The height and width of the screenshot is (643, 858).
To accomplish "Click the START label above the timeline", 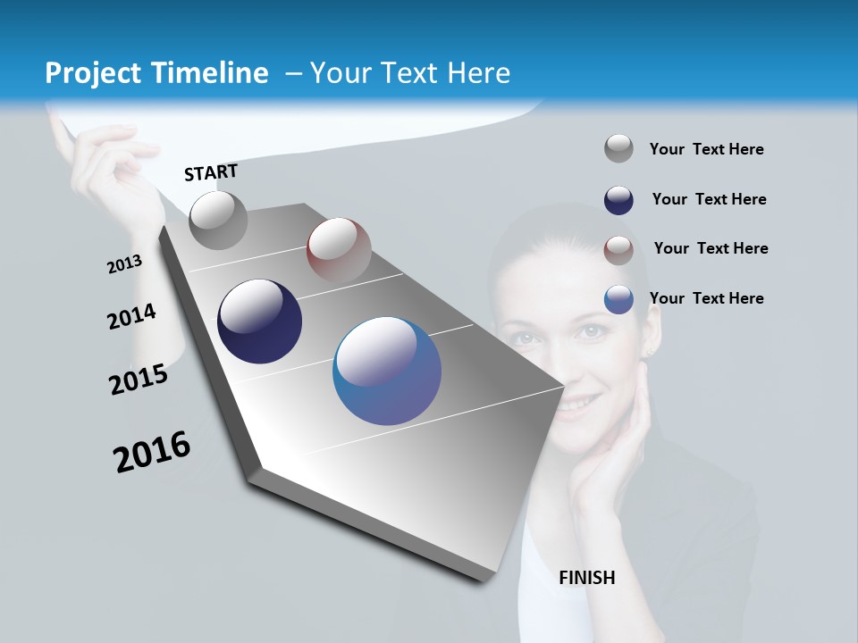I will tap(211, 172).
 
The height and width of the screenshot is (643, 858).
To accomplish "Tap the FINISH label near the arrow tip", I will tap(586, 578).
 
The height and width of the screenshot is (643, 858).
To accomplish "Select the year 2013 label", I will tap(124, 264).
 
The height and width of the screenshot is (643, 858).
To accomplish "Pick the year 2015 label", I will tap(139, 380).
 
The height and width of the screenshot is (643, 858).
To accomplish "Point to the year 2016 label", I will tap(152, 452).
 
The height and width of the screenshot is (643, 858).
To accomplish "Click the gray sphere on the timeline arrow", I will tap(218, 220).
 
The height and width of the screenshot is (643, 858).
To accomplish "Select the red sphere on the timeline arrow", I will tap(339, 249).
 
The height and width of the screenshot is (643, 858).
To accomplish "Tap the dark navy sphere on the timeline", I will tap(259, 321).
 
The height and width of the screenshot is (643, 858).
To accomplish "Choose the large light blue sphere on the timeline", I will tap(386, 371).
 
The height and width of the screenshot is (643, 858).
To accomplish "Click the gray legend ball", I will tap(618, 148).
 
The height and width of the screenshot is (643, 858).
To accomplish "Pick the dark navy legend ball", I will tap(618, 200).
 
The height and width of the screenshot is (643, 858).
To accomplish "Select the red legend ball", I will tap(618, 250).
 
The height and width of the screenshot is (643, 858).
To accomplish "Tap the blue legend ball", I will tap(618, 299).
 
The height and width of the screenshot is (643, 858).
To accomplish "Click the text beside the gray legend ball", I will tap(706, 149).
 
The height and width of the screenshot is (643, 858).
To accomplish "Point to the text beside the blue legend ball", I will tap(706, 298).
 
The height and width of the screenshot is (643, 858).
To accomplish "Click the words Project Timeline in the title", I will tap(156, 73).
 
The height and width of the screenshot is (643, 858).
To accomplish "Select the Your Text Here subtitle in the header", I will tap(409, 73).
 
